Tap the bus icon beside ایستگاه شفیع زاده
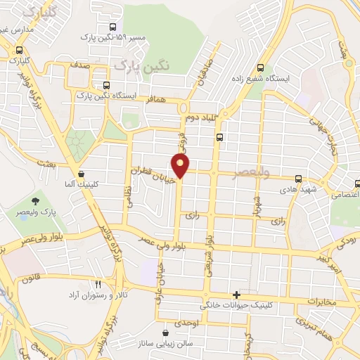tap(261, 68)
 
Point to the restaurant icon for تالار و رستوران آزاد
tap(98, 283)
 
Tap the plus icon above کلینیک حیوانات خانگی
tap(236, 295)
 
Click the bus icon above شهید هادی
tap(300, 179)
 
